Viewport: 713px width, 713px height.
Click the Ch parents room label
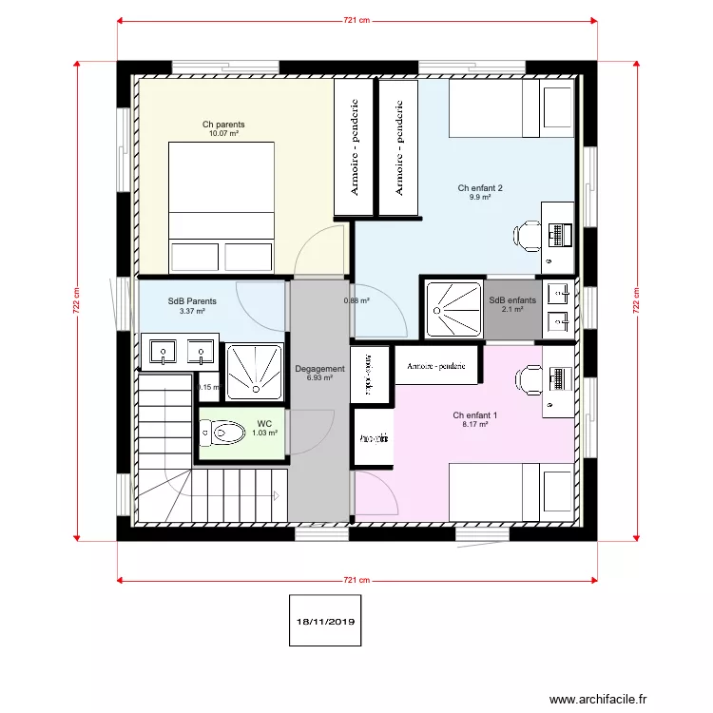coord(222,125)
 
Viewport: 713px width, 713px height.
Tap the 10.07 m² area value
coord(222,134)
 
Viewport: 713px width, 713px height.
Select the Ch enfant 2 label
coord(479,188)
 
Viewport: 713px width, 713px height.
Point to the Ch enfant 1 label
coord(474,415)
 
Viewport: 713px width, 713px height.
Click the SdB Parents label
coord(192,301)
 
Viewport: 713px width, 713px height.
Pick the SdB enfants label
coord(512,300)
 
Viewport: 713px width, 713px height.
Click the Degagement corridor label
coord(319,369)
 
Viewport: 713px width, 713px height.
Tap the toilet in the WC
coord(223,433)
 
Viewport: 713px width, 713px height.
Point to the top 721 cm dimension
coord(356,19)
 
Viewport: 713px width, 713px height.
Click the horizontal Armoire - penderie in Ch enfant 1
coord(435,366)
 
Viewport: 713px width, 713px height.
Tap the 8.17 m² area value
coord(474,425)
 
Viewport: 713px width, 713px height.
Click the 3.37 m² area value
coord(192,311)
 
